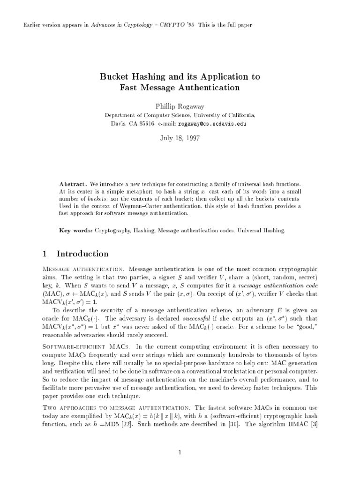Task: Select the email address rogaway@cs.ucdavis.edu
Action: pyautogui.click(x=210, y=124)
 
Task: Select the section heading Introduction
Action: pyautogui.click(x=82, y=254)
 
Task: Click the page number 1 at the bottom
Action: pyautogui.click(x=180, y=452)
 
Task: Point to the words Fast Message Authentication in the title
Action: pyautogui.click(x=180, y=88)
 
